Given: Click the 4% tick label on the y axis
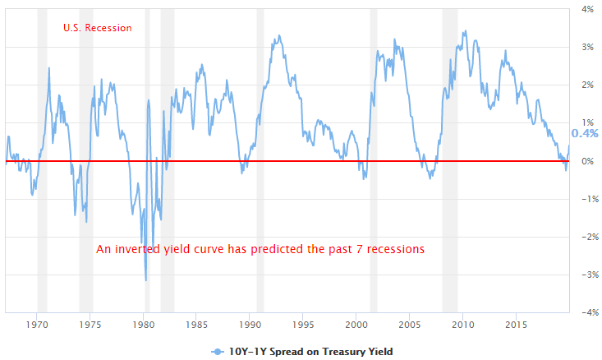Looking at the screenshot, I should (x=588, y=9).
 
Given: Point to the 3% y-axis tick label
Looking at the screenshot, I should (x=588, y=47).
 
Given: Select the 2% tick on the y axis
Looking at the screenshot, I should (x=588, y=85).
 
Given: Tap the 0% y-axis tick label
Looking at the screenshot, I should (x=588, y=161).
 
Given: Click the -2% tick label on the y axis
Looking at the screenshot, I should (x=586, y=237).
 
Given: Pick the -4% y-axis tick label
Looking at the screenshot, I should (x=586, y=312).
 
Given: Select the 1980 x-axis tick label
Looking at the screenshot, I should (x=144, y=325).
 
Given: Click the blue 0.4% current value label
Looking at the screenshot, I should (x=585, y=134).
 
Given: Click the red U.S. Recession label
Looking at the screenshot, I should (x=97, y=28).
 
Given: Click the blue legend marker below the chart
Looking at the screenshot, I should (x=217, y=351).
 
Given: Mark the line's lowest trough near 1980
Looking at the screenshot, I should (x=146, y=280).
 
